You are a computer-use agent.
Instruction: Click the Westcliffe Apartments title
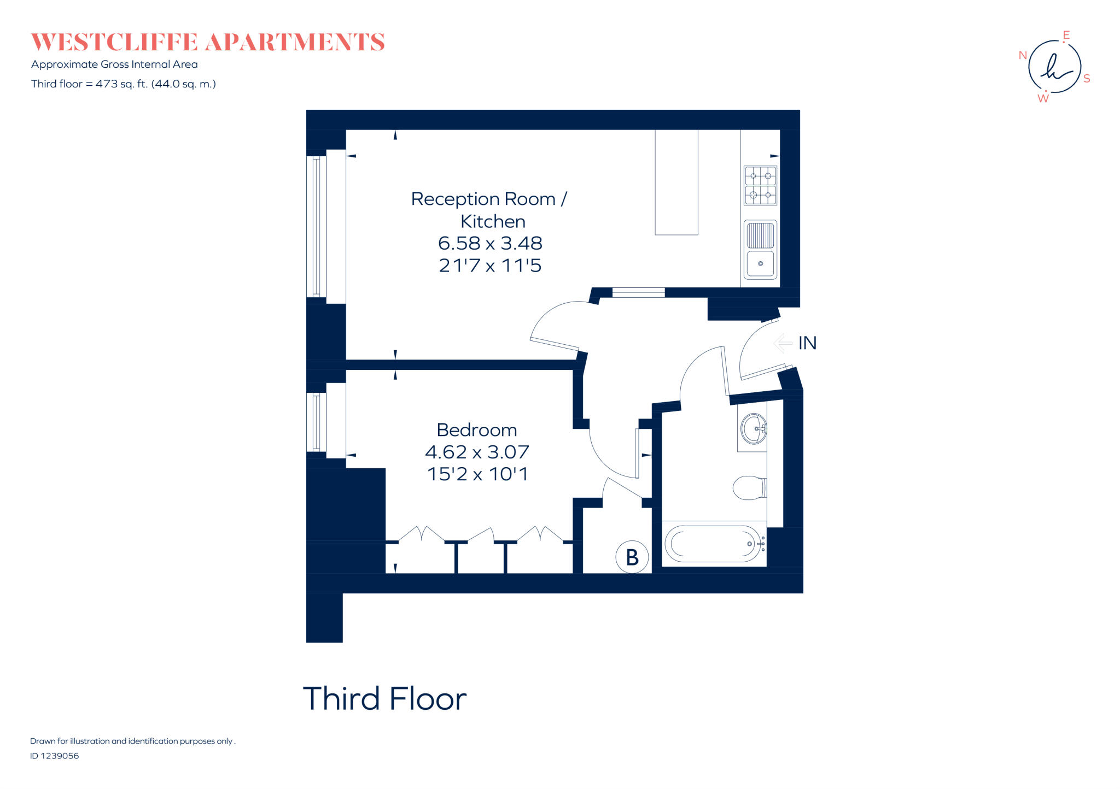coord(208,42)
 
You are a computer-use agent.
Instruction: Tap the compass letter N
coord(1023,55)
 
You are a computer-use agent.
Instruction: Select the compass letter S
coord(1087,79)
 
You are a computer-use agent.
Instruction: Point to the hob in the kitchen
coord(760,185)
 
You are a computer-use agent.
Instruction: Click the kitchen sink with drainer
coord(760,250)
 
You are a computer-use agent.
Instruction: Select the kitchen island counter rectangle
coord(676,182)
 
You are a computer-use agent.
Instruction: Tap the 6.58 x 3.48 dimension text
coord(490,243)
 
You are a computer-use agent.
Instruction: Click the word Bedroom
coord(477,430)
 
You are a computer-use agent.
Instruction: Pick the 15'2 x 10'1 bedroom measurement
coord(477,474)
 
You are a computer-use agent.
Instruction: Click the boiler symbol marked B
coord(632,557)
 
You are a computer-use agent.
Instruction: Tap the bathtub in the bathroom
coord(713,544)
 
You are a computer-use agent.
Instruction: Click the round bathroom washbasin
coord(754,428)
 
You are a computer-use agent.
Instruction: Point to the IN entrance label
coord(807,343)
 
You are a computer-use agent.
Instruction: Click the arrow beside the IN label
coord(783,343)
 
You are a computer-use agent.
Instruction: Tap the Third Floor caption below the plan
coord(384,699)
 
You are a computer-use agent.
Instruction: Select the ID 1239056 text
coord(55,756)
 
